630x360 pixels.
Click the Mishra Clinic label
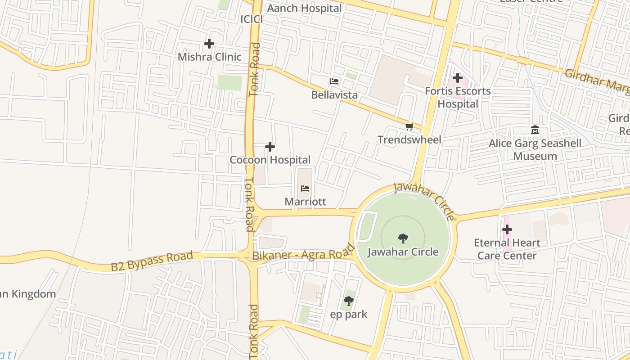click(x=209, y=57)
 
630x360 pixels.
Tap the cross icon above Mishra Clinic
click(x=209, y=44)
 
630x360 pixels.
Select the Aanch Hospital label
click(x=304, y=8)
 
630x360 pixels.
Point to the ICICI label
click(x=252, y=19)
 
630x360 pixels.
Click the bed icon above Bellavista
click(x=334, y=81)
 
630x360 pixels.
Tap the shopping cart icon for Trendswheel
click(x=409, y=127)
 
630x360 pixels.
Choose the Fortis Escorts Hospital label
click(x=458, y=98)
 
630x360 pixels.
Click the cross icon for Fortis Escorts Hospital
click(x=458, y=78)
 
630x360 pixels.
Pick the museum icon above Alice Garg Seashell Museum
click(x=535, y=130)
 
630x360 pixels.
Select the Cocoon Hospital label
click(x=270, y=160)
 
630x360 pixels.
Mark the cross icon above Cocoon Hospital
click(x=270, y=147)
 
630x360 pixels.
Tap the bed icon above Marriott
click(x=305, y=188)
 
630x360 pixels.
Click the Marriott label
click(x=305, y=202)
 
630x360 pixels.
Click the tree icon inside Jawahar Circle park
click(x=403, y=238)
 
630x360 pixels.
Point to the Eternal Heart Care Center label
click(x=507, y=249)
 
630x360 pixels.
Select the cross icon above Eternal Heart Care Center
click(x=507, y=229)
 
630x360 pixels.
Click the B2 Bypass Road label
click(x=152, y=261)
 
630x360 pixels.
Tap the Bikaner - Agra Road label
click(x=303, y=253)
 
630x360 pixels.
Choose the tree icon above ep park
click(x=348, y=301)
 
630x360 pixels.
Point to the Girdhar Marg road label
click(x=596, y=81)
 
